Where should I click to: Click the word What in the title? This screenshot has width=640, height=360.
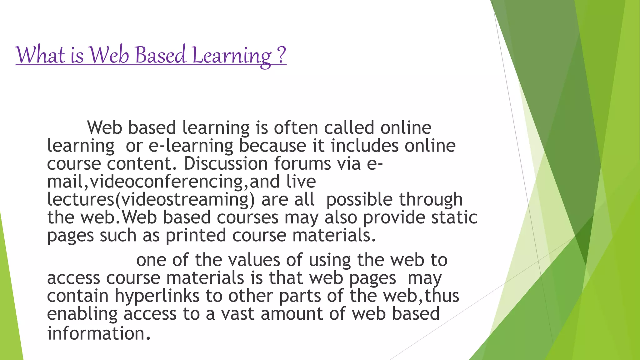coord(40,55)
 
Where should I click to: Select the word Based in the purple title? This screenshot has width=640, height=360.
coord(161,55)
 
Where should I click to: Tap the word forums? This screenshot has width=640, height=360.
coord(302,163)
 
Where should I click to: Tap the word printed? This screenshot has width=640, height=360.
coord(196,235)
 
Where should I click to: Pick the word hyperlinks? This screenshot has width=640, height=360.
coord(157,296)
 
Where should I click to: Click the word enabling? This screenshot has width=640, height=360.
coord(82,314)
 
